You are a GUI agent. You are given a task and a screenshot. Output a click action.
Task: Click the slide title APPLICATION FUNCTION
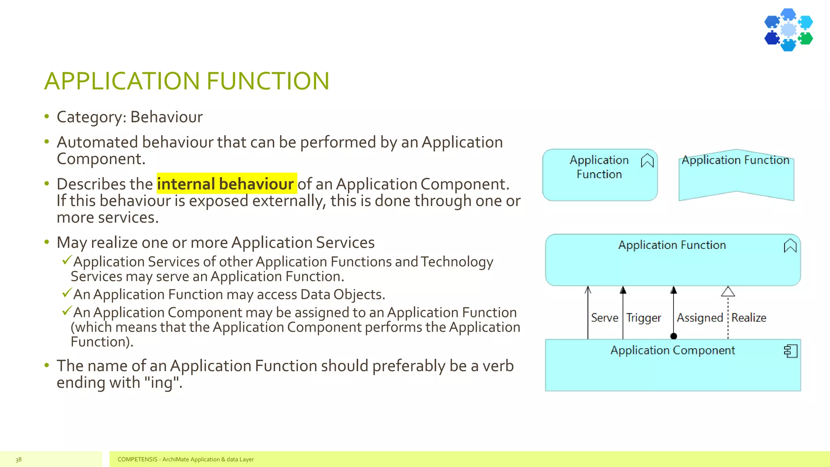coord(186,81)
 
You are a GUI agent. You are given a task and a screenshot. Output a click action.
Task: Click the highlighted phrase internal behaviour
coord(225,184)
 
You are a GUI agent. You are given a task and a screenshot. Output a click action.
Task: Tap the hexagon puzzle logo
coord(788,30)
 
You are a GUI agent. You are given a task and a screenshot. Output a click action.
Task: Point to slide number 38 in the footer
coord(19,459)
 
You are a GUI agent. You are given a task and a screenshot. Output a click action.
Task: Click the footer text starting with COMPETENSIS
coord(186,459)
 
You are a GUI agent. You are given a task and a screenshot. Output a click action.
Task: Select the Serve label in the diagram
coord(604,318)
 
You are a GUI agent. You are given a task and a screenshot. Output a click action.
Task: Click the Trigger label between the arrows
coord(644,318)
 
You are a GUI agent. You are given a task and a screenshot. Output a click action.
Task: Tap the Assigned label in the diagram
coord(700,318)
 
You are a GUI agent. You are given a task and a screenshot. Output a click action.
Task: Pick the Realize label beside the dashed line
coord(749,318)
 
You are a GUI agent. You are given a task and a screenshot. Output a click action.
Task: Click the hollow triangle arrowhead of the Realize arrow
coord(728,291)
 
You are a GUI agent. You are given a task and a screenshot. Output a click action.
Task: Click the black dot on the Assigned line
coord(674,336)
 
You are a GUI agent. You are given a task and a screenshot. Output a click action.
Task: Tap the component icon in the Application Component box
coord(791,351)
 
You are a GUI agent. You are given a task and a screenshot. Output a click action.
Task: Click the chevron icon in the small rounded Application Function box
coord(647,161)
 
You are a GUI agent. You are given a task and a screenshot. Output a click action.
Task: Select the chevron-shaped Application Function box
coord(736,178)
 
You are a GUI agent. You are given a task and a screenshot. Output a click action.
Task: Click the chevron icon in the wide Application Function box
coord(790,246)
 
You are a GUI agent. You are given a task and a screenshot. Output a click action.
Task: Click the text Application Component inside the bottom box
coord(672,350)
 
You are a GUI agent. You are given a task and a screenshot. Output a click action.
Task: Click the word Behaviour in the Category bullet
coord(166,117)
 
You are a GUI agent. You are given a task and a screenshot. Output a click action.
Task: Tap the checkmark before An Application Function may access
coord(67,293)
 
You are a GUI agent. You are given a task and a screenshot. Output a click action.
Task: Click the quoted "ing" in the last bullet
coord(162,383)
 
